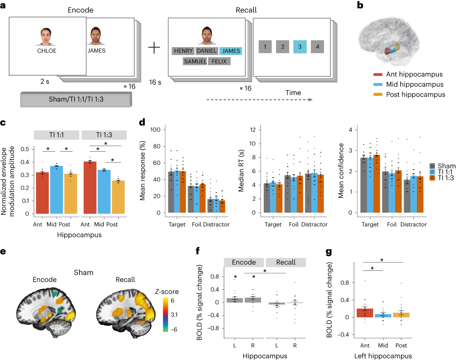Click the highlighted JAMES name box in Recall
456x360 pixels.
(230, 51)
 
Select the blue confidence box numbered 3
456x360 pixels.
(299, 47)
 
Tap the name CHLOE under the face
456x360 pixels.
(46, 51)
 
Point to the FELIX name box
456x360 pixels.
(219, 61)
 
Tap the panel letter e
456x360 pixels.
(3, 252)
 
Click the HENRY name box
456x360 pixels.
(184, 51)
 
